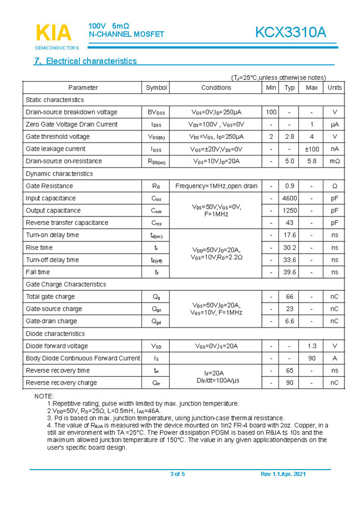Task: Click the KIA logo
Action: click(x=54, y=33)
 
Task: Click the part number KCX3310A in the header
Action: click(x=291, y=33)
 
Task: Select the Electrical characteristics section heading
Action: click(x=85, y=61)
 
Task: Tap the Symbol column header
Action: click(x=156, y=88)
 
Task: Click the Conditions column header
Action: click(x=216, y=88)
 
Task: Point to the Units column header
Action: click(x=334, y=88)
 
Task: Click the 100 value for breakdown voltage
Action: click(x=271, y=112)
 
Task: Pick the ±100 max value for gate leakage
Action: click(x=312, y=149)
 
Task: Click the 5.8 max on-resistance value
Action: click(x=312, y=161)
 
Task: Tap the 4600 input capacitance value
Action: click(x=290, y=198)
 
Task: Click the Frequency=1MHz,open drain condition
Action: click(x=216, y=186)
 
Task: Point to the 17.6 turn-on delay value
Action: click(x=290, y=235)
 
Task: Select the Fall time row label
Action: click(x=38, y=272)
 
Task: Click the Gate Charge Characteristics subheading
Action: click(x=66, y=284)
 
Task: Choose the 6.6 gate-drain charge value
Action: click(x=290, y=321)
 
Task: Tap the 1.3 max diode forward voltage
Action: click(x=312, y=346)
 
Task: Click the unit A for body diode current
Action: click(x=334, y=358)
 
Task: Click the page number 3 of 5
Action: click(x=178, y=474)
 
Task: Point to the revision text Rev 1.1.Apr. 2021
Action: click(x=283, y=474)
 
